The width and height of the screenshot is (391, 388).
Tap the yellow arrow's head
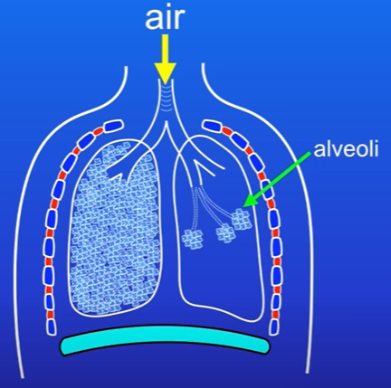(x=165, y=73)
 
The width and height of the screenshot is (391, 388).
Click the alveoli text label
(x=346, y=149)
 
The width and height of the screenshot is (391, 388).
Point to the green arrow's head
(x=251, y=200)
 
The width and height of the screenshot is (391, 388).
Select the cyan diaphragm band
(x=165, y=340)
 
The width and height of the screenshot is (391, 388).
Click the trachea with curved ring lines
(x=165, y=97)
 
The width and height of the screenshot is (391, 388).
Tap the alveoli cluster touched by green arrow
(x=241, y=220)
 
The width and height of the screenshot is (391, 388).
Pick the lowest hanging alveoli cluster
(x=192, y=240)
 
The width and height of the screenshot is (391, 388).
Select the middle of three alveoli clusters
(x=225, y=233)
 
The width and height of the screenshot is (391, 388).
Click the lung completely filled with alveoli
(x=115, y=229)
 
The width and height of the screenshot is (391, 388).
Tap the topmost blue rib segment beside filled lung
(x=113, y=126)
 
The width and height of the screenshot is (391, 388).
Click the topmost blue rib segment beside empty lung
(x=214, y=126)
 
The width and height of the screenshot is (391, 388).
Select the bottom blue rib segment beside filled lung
(x=52, y=326)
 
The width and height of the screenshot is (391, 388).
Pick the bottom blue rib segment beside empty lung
(x=274, y=327)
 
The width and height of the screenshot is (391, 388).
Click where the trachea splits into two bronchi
(x=166, y=123)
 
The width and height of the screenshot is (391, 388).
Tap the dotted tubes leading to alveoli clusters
(x=208, y=208)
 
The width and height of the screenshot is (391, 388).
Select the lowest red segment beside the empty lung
(x=274, y=315)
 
